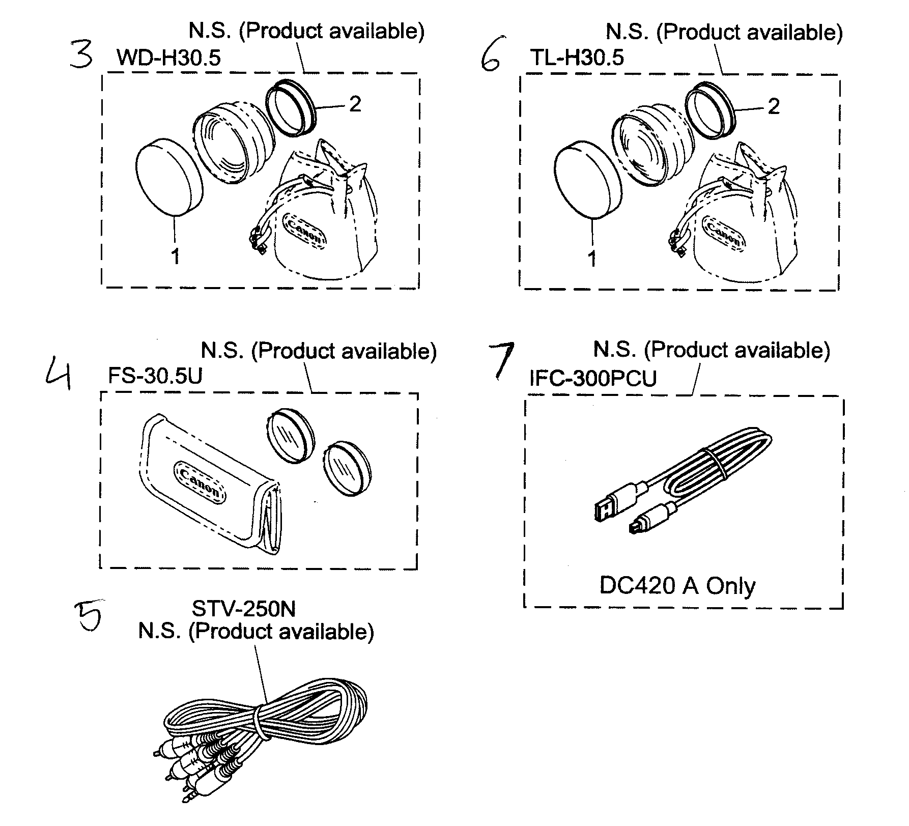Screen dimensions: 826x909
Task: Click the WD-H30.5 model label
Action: click(x=168, y=58)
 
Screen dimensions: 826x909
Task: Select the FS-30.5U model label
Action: click(x=155, y=376)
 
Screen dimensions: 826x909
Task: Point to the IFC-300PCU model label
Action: click(x=593, y=378)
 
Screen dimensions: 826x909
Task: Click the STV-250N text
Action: click(x=243, y=608)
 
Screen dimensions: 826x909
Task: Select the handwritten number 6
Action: click(x=492, y=61)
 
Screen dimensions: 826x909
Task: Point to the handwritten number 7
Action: click(x=501, y=360)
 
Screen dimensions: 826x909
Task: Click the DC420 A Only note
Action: click(x=677, y=586)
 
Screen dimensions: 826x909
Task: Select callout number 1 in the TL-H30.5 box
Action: click(x=591, y=259)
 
